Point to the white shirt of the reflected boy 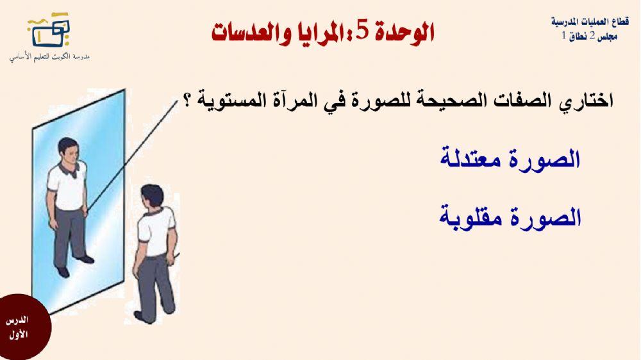click(x=68, y=186)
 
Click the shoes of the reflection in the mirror click(x=74, y=265)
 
